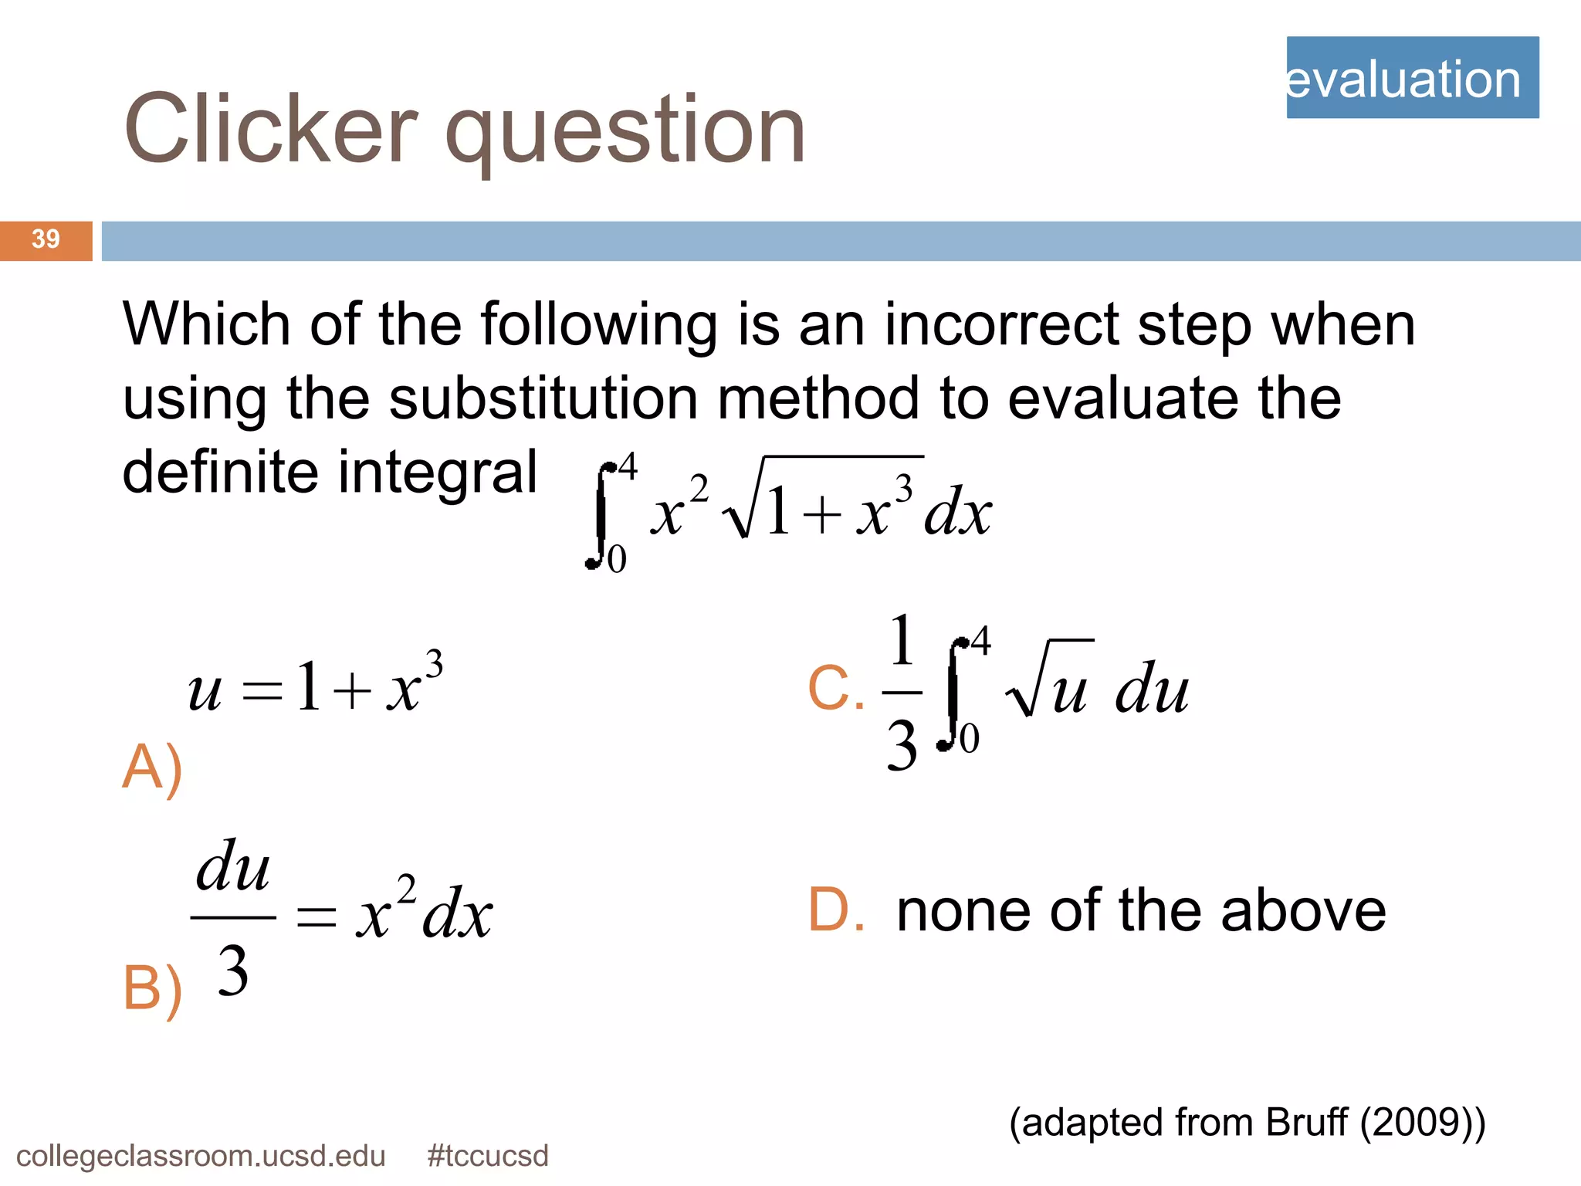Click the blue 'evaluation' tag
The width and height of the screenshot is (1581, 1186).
tap(1412, 78)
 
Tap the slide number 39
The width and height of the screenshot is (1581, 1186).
tap(46, 239)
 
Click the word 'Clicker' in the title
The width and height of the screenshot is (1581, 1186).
tap(271, 129)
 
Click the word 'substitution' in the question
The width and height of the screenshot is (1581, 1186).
tap(543, 398)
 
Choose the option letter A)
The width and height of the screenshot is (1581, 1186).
tap(152, 768)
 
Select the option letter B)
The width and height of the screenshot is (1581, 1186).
tap(152, 989)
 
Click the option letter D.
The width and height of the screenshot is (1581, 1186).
tap(836, 910)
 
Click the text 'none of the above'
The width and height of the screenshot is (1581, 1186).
tap(1141, 911)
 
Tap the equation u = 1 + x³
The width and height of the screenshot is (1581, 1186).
tap(315, 684)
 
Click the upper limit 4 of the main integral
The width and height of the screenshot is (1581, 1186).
tap(628, 466)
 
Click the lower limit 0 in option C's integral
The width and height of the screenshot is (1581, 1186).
tap(969, 737)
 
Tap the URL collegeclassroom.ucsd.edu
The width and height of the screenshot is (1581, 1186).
tap(201, 1156)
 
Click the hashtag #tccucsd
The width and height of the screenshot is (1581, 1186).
tap(487, 1156)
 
